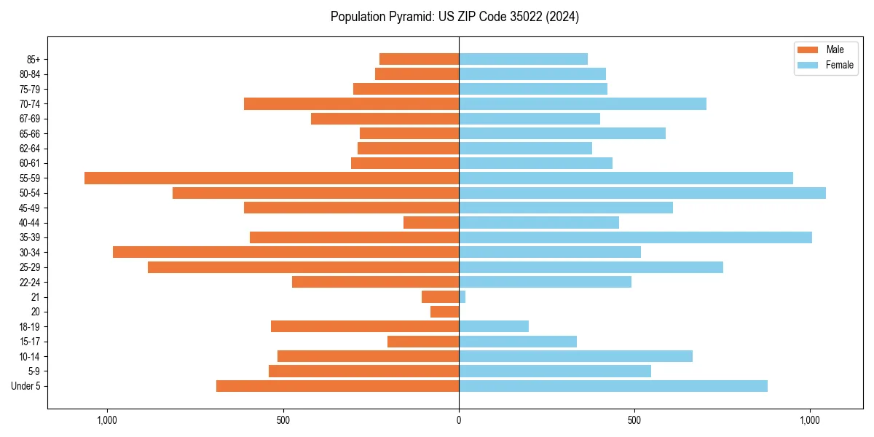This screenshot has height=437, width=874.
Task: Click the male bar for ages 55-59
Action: [272, 178]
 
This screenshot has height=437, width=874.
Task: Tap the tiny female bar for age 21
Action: [462, 297]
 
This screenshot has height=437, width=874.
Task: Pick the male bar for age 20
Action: [445, 312]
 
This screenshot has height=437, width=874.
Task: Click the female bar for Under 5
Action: [613, 386]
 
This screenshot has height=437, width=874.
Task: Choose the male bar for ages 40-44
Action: [431, 223]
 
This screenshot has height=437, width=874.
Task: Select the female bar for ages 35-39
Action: [635, 237]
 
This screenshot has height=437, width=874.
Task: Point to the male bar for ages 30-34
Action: [286, 253]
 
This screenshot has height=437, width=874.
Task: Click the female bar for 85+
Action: [523, 60]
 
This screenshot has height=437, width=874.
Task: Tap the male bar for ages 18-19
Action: [365, 327]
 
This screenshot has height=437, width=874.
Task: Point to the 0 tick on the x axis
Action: [459, 420]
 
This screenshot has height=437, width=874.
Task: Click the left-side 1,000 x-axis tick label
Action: [107, 420]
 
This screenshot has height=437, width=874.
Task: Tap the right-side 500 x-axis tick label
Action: [634, 420]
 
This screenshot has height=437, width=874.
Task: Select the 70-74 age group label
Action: [29, 104]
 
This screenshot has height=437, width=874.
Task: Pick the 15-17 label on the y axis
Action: [29, 342]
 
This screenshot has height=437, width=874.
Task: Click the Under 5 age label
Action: [25, 386]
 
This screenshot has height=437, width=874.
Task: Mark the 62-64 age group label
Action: [29, 149]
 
